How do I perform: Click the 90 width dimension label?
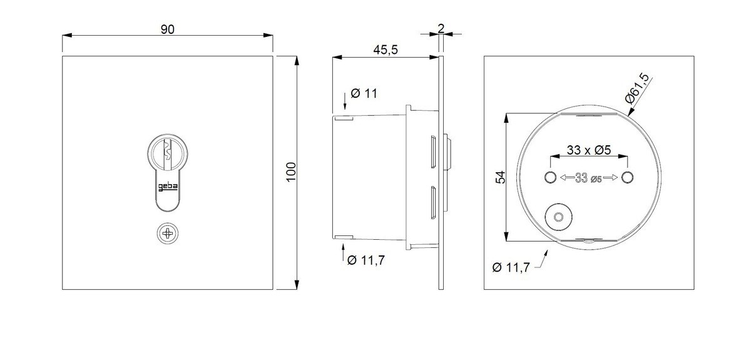(168, 29)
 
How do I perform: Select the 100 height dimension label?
(291, 172)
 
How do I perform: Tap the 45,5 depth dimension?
(386, 49)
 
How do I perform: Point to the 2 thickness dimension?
(441, 28)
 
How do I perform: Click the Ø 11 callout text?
(364, 93)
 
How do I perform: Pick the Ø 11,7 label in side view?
(366, 260)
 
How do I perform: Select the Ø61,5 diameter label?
(637, 88)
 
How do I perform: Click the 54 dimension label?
(500, 177)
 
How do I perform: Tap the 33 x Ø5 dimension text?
(589, 150)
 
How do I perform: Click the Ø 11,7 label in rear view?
(511, 267)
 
